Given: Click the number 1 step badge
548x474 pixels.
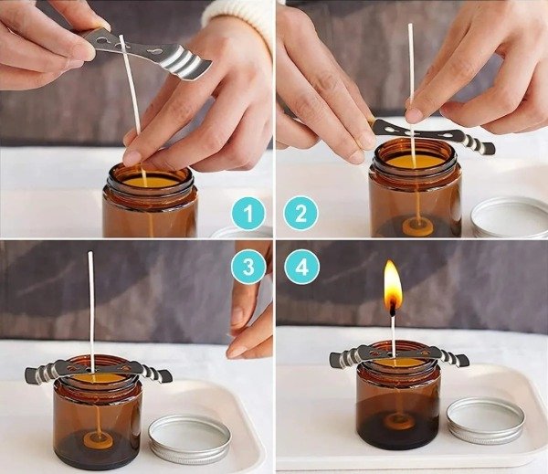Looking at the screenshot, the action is tap(248, 213).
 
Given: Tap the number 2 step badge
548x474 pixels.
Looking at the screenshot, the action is tap(300, 213).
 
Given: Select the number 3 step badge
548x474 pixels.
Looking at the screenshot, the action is tap(248, 268).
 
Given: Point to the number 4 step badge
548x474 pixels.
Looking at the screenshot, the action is tap(302, 268).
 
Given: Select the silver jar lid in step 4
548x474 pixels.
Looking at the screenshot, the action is tap(486, 420).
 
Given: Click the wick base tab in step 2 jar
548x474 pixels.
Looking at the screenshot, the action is tap(417, 226).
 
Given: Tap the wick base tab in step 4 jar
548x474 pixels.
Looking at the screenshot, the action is tap(399, 421).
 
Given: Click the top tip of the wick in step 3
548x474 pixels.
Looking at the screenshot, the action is tap(90, 252).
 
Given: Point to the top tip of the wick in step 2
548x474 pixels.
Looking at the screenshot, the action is tap(410, 25).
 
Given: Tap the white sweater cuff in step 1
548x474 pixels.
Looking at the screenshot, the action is tap(237, 17).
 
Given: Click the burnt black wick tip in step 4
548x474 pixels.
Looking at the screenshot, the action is tap(393, 309).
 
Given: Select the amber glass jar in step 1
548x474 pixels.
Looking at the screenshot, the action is tap(151, 201).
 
